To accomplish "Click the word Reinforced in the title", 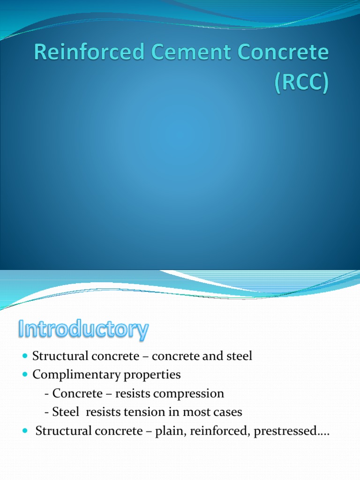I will tap(85, 53).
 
